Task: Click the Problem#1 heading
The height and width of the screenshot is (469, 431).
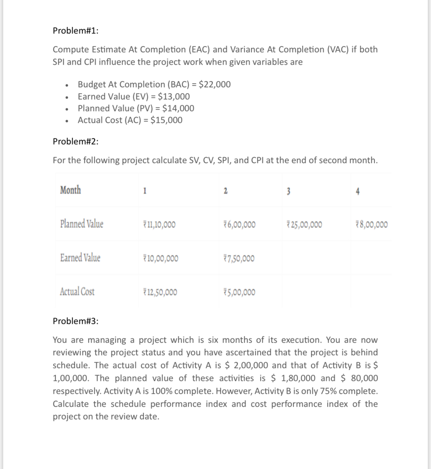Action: pyautogui.click(x=76, y=31)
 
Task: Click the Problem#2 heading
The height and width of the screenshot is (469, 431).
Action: pyautogui.click(x=76, y=142)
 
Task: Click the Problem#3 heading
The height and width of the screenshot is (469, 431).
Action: pyautogui.click(x=76, y=321)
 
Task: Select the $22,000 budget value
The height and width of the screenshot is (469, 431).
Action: pyautogui.click(x=215, y=84)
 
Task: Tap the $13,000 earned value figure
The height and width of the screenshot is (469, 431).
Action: pyautogui.click(x=174, y=96)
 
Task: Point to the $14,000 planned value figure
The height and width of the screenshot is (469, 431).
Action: pyautogui.click(x=178, y=108)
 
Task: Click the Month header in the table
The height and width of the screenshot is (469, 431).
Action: pyautogui.click(x=70, y=190)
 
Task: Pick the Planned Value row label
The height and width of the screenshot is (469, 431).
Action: pyautogui.click(x=82, y=224)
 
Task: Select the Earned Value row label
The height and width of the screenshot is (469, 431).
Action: pyautogui.click(x=80, y=258)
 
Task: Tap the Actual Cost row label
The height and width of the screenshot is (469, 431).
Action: pyautogui.click(x=77, y=292)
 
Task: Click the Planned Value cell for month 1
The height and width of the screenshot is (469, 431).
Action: pyautogui.click(x=159, y=225)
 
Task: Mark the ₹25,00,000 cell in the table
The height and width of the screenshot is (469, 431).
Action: pyautogui.click(x=304, y=225)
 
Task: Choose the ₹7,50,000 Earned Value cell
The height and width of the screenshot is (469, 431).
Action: pyautogui.click(x=239, y=258)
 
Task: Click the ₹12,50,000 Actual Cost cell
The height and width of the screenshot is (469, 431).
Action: pyautogui.click(x=160, y=292)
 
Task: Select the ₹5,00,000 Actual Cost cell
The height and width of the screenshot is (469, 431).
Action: pyautogui.click(x=239, y=292)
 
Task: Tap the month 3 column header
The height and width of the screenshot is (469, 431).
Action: pyautogui.click(x=288, y=191)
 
